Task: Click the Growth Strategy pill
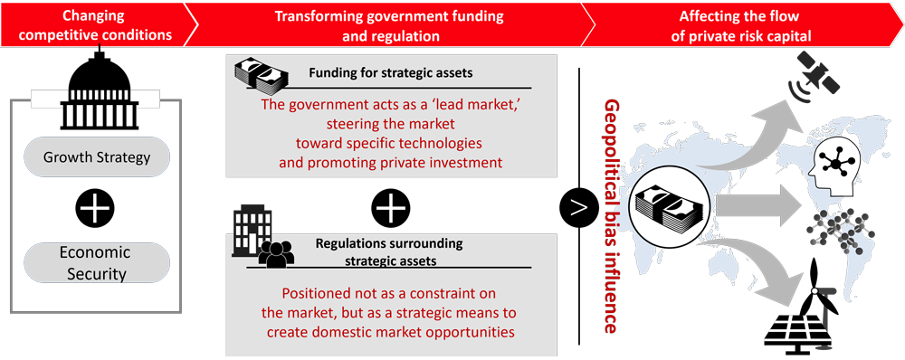[97, 156]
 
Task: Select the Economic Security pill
[97, 262]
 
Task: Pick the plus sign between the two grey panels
[390, 209]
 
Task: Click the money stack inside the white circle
[669, 207]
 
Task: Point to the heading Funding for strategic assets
[391, 73]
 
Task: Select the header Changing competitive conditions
[94, 24]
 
